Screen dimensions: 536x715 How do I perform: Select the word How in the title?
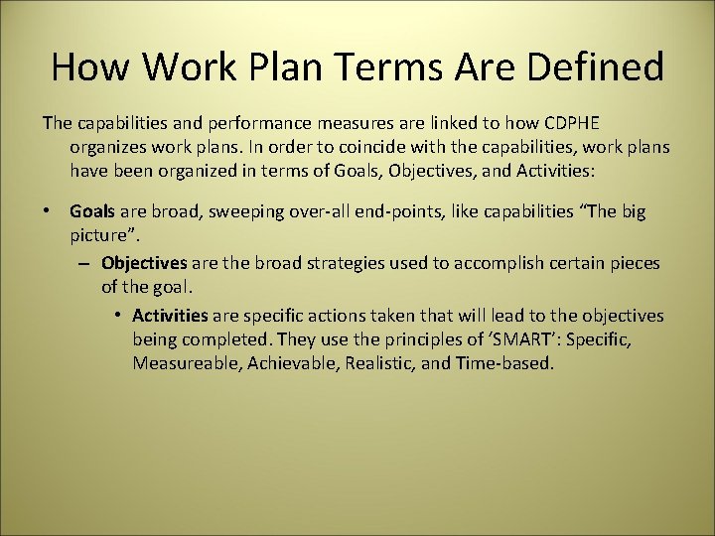point(87,67)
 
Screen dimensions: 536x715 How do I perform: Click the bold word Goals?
point(92,210)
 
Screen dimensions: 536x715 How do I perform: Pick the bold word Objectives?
point(144,264)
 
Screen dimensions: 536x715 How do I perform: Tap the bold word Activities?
point(170,316)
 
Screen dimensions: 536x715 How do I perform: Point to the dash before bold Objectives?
point(85,264)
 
